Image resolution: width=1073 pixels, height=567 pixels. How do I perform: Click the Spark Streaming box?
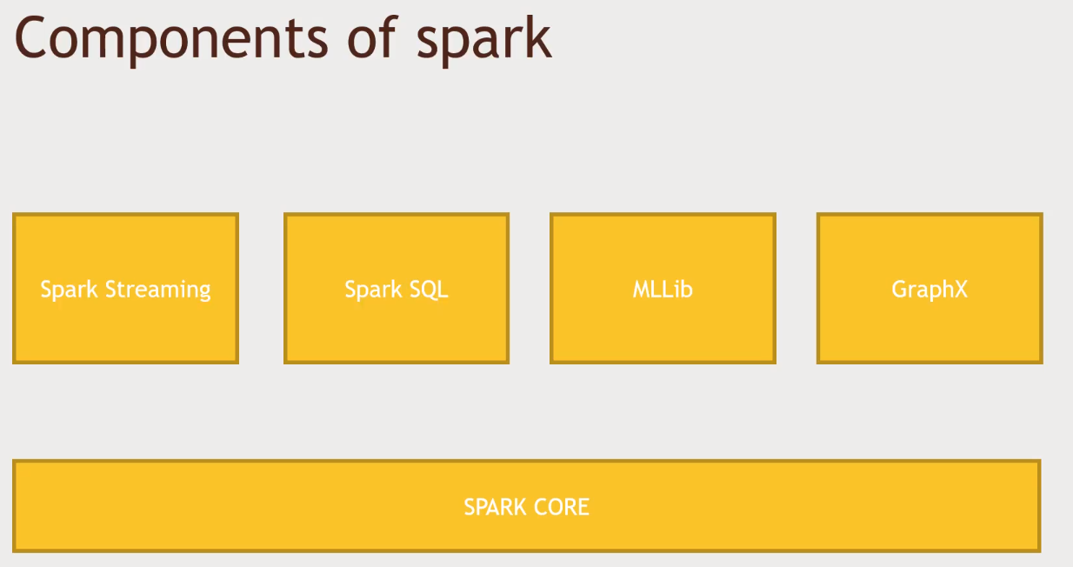point(125,288)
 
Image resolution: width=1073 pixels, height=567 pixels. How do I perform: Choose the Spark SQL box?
point(397,288)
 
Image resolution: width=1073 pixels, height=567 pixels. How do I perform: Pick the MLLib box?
point(663,288)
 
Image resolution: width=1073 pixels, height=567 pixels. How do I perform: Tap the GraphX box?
point(930,288)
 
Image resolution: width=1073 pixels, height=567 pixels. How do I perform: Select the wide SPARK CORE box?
point(526,505)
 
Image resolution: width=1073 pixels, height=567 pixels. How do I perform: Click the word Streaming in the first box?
point(157,290)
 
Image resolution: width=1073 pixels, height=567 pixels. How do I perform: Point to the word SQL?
point(429,290)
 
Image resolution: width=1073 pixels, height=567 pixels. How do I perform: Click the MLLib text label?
point(663,289)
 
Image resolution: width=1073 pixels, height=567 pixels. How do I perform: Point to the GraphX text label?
point(930,290)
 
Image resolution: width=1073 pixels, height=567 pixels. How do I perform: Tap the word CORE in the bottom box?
point(560,506)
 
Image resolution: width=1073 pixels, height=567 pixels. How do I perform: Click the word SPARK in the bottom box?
point(491,506)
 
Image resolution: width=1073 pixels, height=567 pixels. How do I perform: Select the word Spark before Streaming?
point(69,290)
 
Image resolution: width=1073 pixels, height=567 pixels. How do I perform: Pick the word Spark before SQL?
point(373,290)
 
